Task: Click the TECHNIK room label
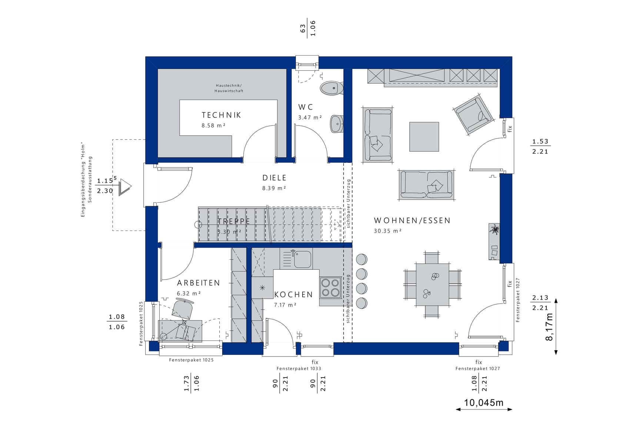[221, 115]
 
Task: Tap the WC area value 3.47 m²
[310, 117]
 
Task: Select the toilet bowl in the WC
[332, 88]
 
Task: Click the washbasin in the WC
[337, 123]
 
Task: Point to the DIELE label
[274, 178]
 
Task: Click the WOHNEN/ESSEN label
[412, 220]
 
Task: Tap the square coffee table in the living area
[424, 137]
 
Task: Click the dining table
[432, 284]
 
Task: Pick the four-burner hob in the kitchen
[331, 288]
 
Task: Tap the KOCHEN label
[294, 295]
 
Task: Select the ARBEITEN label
[199, 283]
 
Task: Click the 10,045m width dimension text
[484, 402]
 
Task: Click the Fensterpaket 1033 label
[299, 369]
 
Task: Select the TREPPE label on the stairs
[234, 221]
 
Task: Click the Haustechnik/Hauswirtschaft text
[229, 88]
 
